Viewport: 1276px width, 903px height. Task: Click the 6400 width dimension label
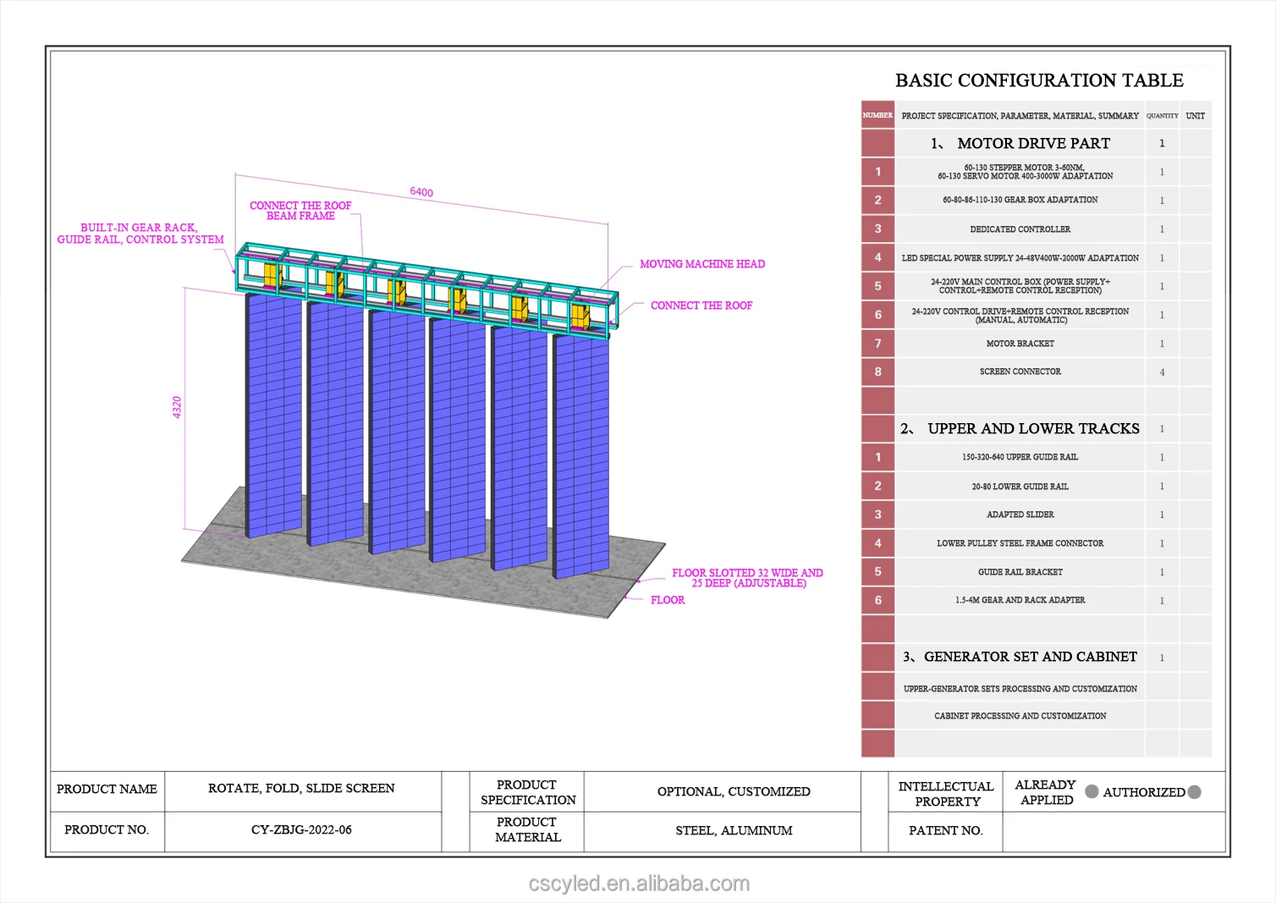pyautogui.click(x=421, y=192)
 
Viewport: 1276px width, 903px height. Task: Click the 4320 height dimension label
pyautogui.click(x=177, y=407)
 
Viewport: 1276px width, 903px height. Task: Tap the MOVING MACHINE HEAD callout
pyautogui.click(x=702, y=264)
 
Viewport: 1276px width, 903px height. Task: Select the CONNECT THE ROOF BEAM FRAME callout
pyautogui.click(x=300, y=211)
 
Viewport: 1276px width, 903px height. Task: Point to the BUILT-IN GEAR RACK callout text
pyautogui.click(x=140, y=234)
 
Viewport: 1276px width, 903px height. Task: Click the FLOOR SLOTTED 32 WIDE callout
pyautogui.click(x=747, y=578)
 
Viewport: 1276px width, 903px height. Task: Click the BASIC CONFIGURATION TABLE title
pyautogui.click(x=1039, y=80)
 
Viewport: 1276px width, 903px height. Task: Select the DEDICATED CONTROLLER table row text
pyautogui.click(x=1020, y=229)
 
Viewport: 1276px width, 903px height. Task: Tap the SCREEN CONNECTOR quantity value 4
pyautogui.click(x=1162, y=372)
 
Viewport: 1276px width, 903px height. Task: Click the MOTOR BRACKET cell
pyautogui.click(x=1020, y=344)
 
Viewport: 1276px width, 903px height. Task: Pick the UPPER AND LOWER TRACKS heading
pyautogui.click(x=1032, y=429)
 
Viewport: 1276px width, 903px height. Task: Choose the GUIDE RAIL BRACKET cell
pyautogui.click(x=1020, y=572)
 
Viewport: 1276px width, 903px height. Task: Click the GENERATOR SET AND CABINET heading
pyautogui.click(x=1030, y=657)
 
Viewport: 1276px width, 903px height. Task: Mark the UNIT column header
pyautogui.click(x=1195, y=116)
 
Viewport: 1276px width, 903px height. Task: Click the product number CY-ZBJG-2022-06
pyautogui.click(x=301, y=830)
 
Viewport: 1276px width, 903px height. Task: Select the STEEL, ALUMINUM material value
pyautogui.click(x=734, y=831)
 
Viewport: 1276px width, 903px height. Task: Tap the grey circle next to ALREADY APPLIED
pyautogui.click(x=1092, y=791)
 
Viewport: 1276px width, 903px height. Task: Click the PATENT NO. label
pyautogui.click(x=945, y=831)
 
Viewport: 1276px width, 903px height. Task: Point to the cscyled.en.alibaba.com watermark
pyautogui.click(x=639, y=884)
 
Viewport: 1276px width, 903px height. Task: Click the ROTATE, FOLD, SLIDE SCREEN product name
pyautogui.click(x=301, y=789)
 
